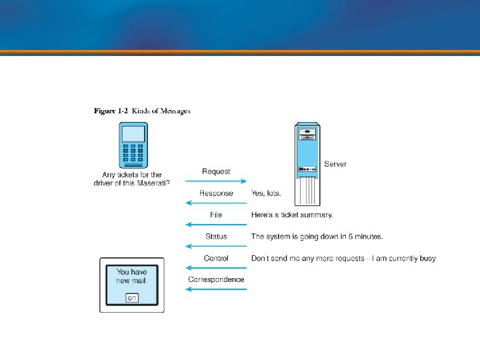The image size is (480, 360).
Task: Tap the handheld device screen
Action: [133, 134]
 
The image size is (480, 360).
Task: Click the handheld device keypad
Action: [133, 154]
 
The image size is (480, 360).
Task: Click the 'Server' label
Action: [335, 164]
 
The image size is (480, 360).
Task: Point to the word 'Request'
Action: [216, 171]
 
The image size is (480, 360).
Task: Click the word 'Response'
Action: [216, 193]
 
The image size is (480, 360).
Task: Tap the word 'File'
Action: [216, 215]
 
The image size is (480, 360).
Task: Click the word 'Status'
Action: [216, 236]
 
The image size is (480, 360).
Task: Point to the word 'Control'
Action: [216, 258]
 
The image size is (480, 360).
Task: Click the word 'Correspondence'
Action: [216, 279]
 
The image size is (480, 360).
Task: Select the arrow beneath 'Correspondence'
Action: [216, 289]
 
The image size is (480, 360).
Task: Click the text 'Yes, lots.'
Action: [266, 193]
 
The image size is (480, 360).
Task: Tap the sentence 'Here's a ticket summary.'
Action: [292, 215]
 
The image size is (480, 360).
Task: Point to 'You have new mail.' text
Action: [132, 276]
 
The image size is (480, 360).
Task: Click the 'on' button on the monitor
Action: [132, 297]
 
